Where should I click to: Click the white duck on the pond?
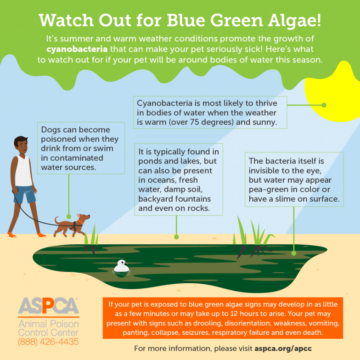point(121,266)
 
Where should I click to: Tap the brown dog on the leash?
point(71,225)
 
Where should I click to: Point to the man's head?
point(21,145)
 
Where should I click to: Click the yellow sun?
point(333,92)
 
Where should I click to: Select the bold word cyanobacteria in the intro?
point(77,49)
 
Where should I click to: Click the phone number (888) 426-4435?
point(49,342)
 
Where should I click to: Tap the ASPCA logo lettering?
point(49,306)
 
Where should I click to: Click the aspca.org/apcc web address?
point(283,349)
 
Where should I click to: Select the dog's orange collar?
point(81,221)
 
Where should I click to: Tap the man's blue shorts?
point(25,194)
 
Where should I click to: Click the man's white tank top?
point(23,171)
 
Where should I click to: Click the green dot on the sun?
point(324,105)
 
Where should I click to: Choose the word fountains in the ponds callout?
point(191,199)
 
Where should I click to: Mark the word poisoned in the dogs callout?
point(59,140)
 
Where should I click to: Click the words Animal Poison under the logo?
point(49,324)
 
